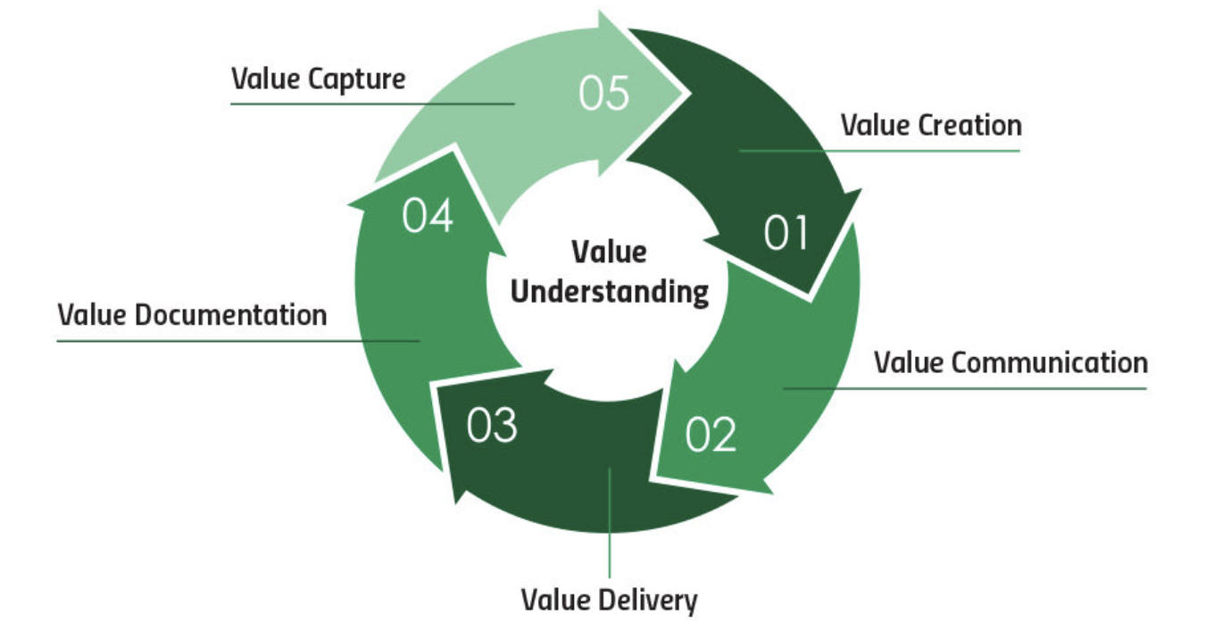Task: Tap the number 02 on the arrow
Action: pos(711,434)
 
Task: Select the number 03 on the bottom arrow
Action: pos(492,425)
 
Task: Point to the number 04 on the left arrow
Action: pos(428,216)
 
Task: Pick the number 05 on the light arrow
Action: pos(604,95)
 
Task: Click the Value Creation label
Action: pos(931,126)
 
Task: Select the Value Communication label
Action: pos(1010,363)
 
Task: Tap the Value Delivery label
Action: pos(609,601)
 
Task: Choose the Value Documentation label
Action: pos(192,315)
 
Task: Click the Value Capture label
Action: pos(318,79)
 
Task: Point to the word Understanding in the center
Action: pos(610,292)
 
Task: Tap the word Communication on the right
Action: pos(1050,363)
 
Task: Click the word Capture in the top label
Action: pos(357,79)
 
